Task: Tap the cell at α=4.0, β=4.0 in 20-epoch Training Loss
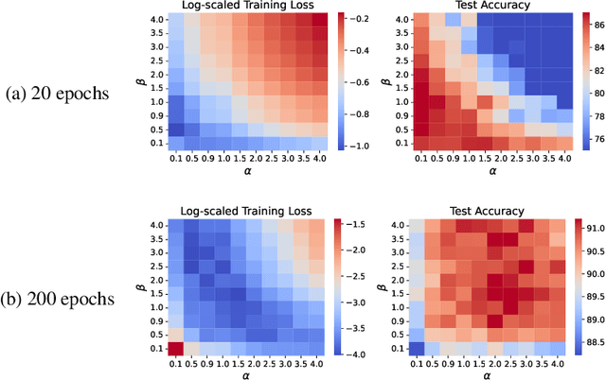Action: click(320, 20)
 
